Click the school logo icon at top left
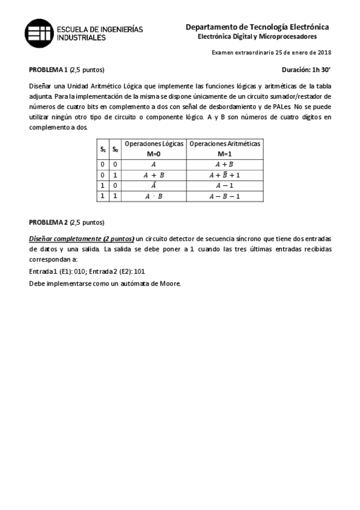(x=38, y=31)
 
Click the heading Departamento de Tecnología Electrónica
(x=257, y=27)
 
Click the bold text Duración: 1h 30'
(x=306, y=70)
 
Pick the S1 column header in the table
(x=103, y=149)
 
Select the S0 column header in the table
(x=115, y=149)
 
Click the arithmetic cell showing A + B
(x=225, y=164)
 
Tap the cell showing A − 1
(x=225, y=185)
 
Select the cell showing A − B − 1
(x=225, y=196)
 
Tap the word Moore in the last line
(x=168, y=283)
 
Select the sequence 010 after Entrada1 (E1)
(x=77, y=271)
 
